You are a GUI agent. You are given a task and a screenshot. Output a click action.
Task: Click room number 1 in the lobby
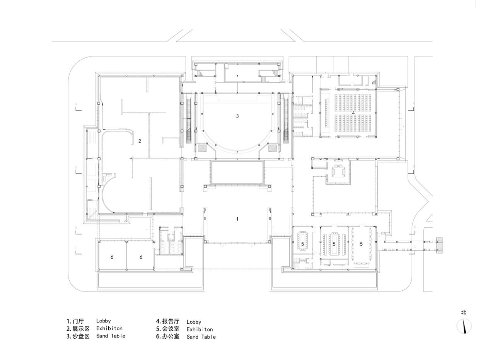coord(237,219)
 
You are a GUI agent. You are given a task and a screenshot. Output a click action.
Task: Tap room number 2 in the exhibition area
coord(140,141)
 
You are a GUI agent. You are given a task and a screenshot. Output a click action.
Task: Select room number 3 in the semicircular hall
coord(237,116)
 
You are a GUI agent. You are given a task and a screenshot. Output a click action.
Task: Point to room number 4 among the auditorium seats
coord(353,113)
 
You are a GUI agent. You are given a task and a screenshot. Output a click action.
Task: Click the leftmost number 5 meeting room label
coord(302,244)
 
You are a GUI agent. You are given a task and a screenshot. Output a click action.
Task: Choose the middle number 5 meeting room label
coord(334,244)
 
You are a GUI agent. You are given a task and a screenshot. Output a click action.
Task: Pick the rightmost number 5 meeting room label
coord(361,244)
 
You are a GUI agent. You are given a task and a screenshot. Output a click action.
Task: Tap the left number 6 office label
coord(112,257)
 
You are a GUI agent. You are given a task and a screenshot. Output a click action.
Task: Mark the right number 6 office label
coord(141,257)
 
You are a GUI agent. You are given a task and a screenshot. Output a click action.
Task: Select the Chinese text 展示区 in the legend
coord(81,329)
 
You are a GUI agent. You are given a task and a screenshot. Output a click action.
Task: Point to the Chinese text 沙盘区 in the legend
coord(81,336)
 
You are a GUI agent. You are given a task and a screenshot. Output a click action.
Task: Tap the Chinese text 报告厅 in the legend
coord(171,321)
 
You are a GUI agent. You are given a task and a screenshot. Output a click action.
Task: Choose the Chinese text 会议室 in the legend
coord(171,329)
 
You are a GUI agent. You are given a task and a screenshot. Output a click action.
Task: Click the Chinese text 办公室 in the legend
coord(171,336)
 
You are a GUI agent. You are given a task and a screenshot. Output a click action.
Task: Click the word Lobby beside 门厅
coord(104,321)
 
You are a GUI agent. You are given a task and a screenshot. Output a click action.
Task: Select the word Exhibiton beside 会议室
coord(200,329)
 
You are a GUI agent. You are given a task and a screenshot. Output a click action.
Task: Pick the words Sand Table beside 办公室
coord(201,337)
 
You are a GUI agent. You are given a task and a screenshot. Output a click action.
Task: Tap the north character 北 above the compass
coord(464,312)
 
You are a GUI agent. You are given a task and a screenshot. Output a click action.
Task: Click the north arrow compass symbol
coord(464,326)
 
